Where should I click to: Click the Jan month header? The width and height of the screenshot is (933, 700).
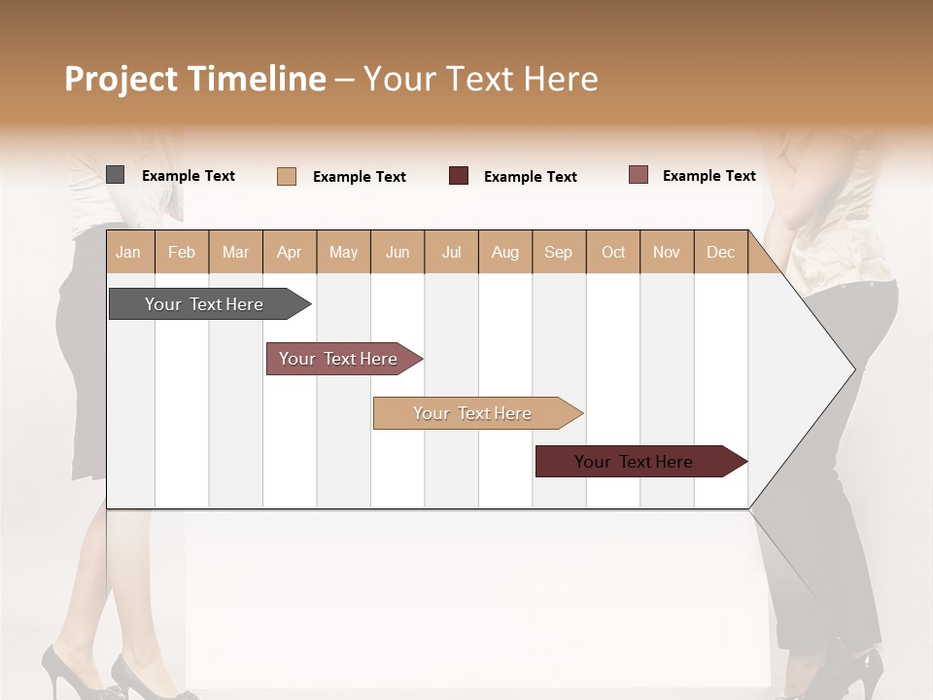[128, 252]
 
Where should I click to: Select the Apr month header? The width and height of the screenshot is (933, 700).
[289, 252]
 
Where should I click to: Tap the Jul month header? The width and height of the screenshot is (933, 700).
[451, 252]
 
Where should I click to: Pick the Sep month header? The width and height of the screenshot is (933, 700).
[558, 252]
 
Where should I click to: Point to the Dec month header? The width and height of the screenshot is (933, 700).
[720, 252]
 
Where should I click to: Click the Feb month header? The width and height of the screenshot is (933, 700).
[182, 252]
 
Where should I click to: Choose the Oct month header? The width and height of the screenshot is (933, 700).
[613, 252]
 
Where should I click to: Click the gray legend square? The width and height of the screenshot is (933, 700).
[115, 175]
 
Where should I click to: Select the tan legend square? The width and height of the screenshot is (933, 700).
[287, 176]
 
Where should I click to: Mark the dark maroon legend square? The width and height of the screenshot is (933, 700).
[459, 176]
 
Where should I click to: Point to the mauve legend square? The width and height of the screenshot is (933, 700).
[638, 175]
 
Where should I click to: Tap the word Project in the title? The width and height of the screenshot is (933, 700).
[121, 79]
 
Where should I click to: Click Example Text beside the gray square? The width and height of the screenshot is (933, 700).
[189, 176]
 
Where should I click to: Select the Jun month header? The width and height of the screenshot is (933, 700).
[397, 252]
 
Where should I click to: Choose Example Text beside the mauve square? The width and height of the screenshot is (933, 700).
[709, 176]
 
